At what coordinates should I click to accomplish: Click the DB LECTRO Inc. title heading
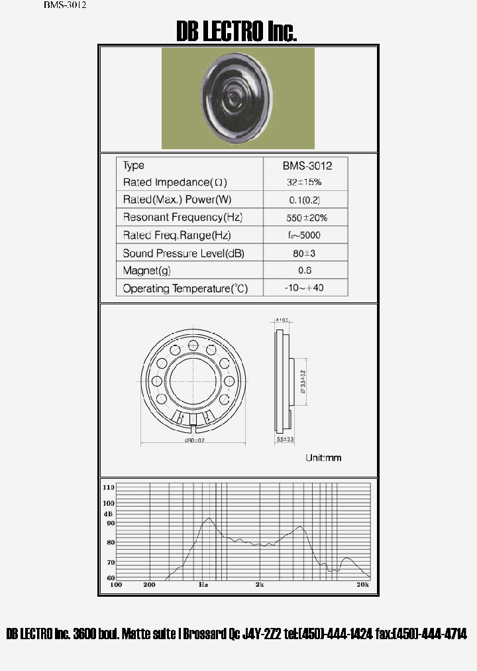[x=236, y=31]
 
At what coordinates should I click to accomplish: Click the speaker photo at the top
[x=238, y=98]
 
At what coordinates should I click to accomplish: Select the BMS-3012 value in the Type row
[x=306, y=165]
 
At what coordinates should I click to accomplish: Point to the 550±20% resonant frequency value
[x=305, y=217]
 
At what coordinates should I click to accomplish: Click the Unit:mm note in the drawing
[x=323, y=457]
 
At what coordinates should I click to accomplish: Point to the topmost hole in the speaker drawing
[x=193, y=345]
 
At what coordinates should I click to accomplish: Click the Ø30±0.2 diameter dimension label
[x=194, y=441]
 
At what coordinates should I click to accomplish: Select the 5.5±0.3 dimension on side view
[x=285, y=440]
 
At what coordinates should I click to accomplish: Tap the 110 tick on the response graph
[x=109, y=487]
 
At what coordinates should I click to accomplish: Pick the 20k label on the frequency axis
[x=362, y=585]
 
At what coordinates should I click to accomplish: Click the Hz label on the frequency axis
[x=203, y=585]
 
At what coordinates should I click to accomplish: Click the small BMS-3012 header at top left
[x=65, y=5]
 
